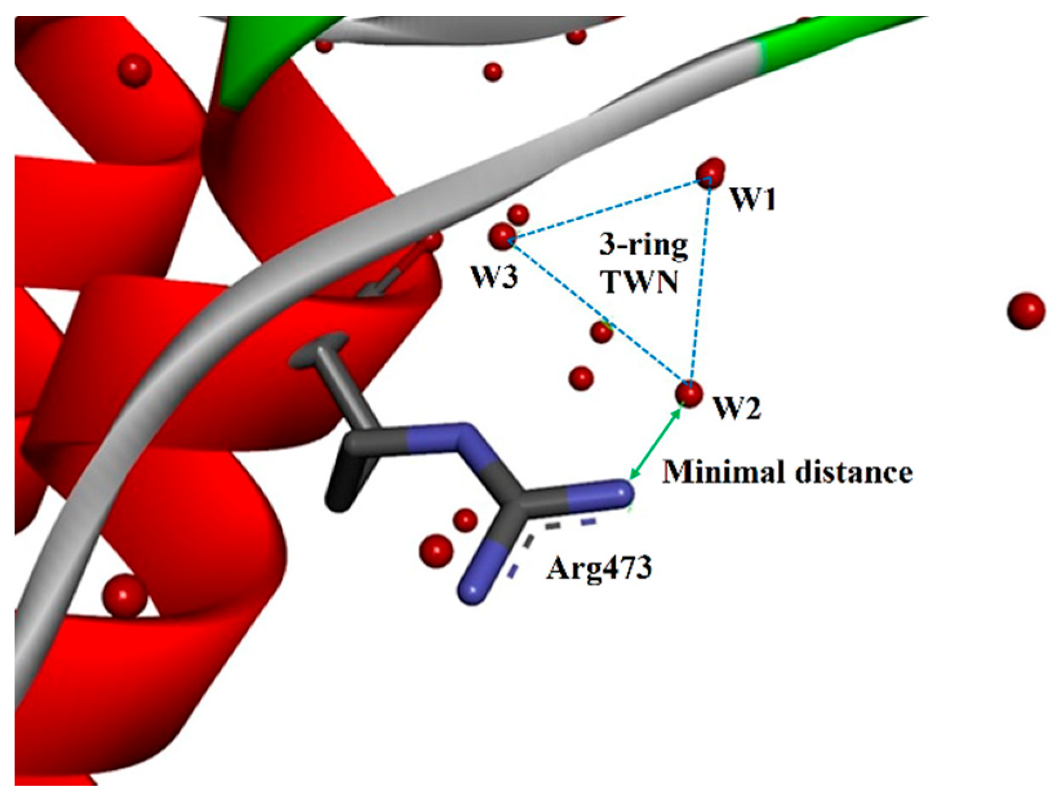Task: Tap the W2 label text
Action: [737, 407]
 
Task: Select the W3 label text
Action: [495, 277]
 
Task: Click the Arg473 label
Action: [599, 568]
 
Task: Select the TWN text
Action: [640, 283]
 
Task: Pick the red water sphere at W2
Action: [689, 393]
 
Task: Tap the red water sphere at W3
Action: [502, 237]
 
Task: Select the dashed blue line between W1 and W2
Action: [700, 281]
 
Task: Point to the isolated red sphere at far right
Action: [1026, 311]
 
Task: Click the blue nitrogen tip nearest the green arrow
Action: [618, 492]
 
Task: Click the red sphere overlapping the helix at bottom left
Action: [124, 595]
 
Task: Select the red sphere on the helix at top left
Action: [134, 71]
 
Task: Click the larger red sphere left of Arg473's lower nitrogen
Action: [436, 551]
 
